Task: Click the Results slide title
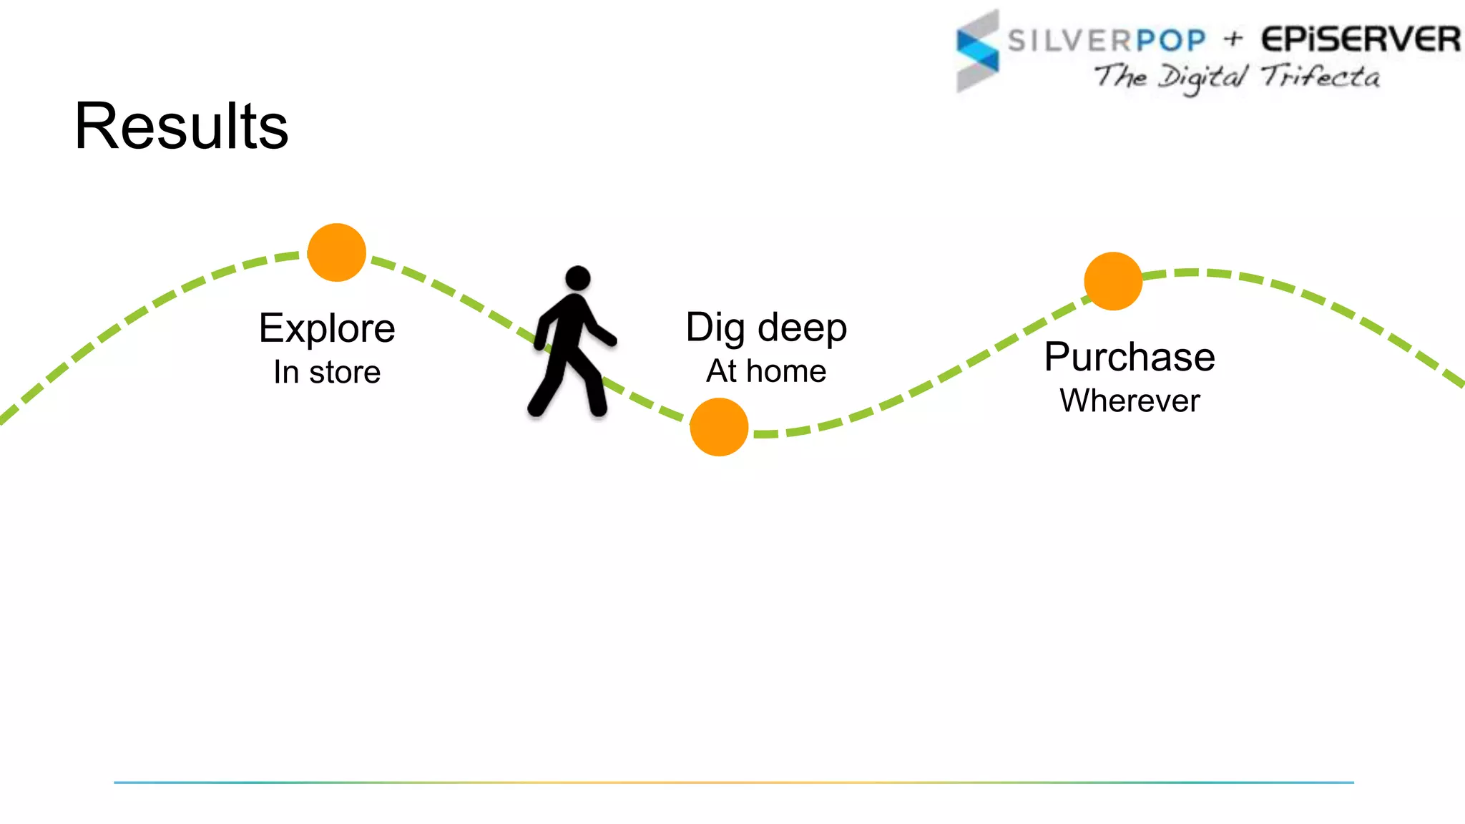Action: (x=181, y=126)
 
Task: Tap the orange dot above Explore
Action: (x=336, y=252)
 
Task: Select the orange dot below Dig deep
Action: (x=719, y=427)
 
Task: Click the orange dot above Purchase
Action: (x=1113, y=281)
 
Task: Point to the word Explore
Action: (x=327, y=328)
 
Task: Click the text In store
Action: (x=327, y=372)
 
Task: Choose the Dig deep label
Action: (x=766, y=328)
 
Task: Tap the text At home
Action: (x=766, y=371)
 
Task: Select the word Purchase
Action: (x=1130, y=357)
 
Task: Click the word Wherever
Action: (x=1130, y=401)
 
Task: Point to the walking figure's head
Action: (x=577, y=278)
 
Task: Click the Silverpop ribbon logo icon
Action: (x=978, y=51)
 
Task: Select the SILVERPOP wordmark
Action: (x=1107, y=40)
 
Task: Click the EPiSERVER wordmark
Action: (x=1360, y=39)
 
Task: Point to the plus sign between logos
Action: (x=1233, y=39)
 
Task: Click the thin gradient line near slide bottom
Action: (x=733, y=783)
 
